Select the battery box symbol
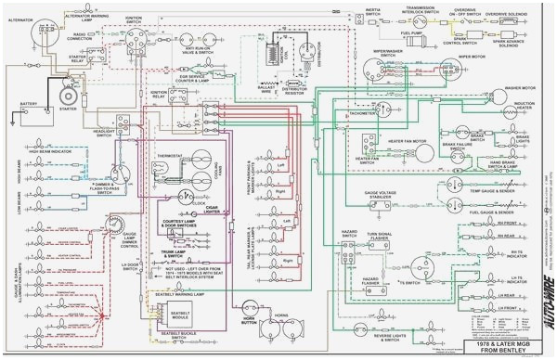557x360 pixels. pyautogui.click(x=30, y=117)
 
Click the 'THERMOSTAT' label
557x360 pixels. pyautogui.click(x=170, y=156)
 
